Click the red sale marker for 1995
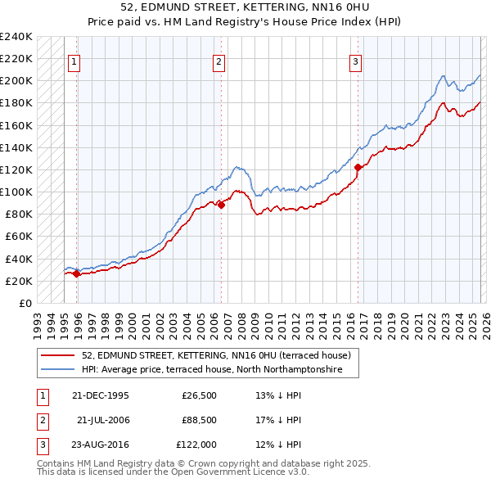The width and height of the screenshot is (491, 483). tap(76, 273)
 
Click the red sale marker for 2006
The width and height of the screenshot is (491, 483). tap(221, 205)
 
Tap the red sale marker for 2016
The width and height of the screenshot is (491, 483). tap(358, 168)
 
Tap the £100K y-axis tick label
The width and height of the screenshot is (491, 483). tap(16, 192)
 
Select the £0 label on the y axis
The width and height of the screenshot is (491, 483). tap(25, 303)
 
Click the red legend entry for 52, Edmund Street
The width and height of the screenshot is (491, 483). tap(216, 355)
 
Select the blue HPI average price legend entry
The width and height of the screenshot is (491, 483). tap(219, 370)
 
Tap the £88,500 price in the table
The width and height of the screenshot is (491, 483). tap(199, 420)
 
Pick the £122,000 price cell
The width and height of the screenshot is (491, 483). tap(196, 445)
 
